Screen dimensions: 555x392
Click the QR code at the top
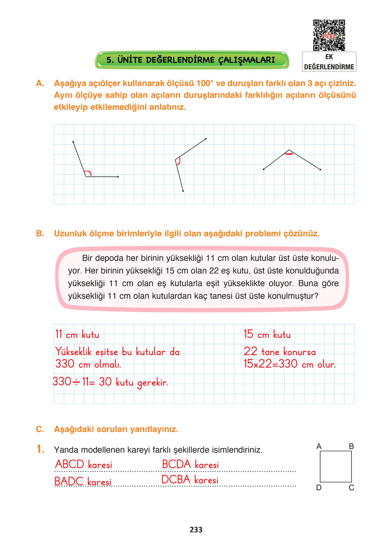coord(329,35)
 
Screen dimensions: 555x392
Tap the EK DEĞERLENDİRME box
coord(329,62)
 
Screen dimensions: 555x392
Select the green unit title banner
coord(192,60)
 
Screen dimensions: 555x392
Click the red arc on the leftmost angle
coord(88,173)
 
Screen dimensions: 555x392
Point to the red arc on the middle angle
coord(179,162)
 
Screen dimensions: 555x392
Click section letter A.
coord(40,83)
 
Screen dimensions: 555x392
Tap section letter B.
coord(40,234)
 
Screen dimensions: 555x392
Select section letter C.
coord(40,429)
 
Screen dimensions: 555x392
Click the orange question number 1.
coord(41,449)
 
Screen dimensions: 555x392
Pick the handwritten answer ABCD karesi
coord(83,465)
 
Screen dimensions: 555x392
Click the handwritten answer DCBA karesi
coord(190,480)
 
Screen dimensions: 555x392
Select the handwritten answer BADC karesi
coord(83,481)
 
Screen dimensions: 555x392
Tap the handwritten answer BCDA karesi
coord(190,465)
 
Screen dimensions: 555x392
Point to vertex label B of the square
coord(351,446)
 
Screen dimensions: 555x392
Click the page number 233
coord(196,530)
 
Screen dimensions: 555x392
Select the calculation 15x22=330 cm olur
coord(289,364)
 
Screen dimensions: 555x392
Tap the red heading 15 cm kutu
coord(267,334)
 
